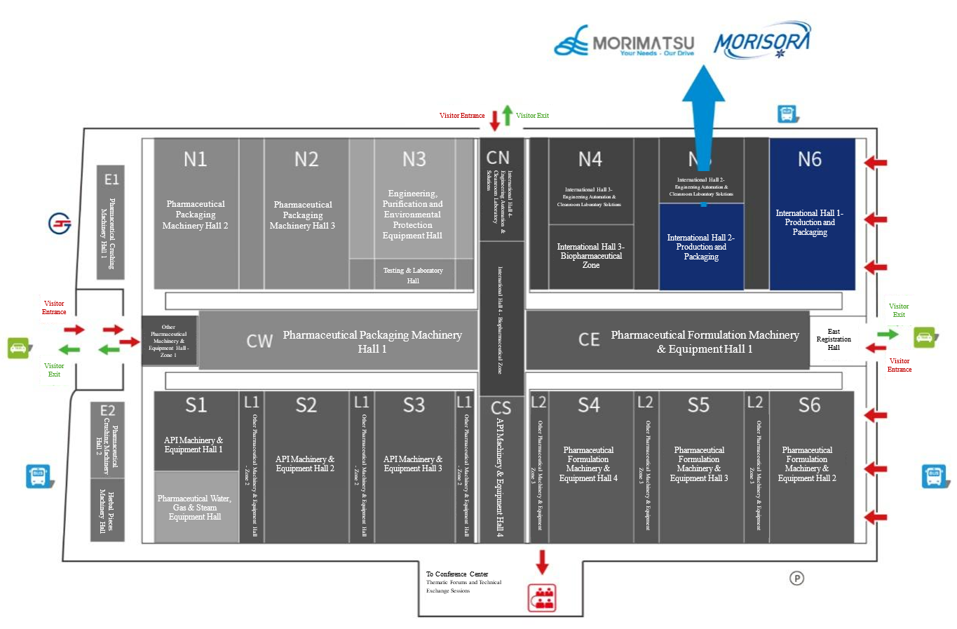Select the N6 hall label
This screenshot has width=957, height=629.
tap(809, 159)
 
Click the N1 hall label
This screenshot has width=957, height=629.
tap(195, 159)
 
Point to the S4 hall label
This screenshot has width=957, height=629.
tap(588, 405)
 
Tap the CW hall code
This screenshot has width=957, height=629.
tap(259, 341)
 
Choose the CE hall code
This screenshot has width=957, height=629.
tap(588, 340)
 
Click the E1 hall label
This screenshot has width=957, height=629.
tap(111, 180)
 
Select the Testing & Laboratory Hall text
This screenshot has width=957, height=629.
tap(413, 275)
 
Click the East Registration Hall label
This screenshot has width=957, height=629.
tap(833, 339)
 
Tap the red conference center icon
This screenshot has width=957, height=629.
tap(541, 597)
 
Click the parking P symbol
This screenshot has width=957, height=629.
tap(796, 578)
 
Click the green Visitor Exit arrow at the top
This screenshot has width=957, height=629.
tap(507, 115)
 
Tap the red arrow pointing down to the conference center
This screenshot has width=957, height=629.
tap(541, 562)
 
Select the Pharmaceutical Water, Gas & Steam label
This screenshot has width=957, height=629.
tap(194, 508)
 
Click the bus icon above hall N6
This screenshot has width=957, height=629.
tap(787, 114)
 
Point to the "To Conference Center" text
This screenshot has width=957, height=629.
tap(457, 574)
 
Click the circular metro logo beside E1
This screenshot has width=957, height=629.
tap(60, 223)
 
